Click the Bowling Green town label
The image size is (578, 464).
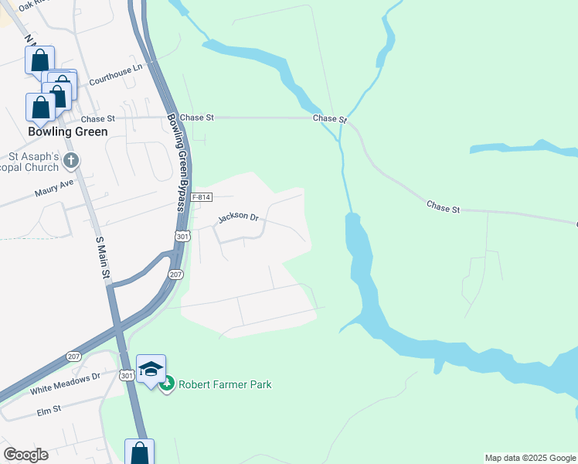pos(67,131)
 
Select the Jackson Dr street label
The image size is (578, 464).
pos(238,217)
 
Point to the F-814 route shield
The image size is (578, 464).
pos(201,197)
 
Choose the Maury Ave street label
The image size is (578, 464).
pos(53,188)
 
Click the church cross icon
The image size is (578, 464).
pos(71,161)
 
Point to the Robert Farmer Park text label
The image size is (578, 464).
pos(225,384)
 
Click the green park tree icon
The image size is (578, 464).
pos(167,384)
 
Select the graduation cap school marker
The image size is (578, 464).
pos(151,369)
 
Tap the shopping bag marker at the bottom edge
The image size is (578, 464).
pos(140,452)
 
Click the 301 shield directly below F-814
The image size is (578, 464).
pos(182,236)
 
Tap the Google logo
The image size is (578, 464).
pos(25,455)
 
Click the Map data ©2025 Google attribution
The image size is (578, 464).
pos(531,458)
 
